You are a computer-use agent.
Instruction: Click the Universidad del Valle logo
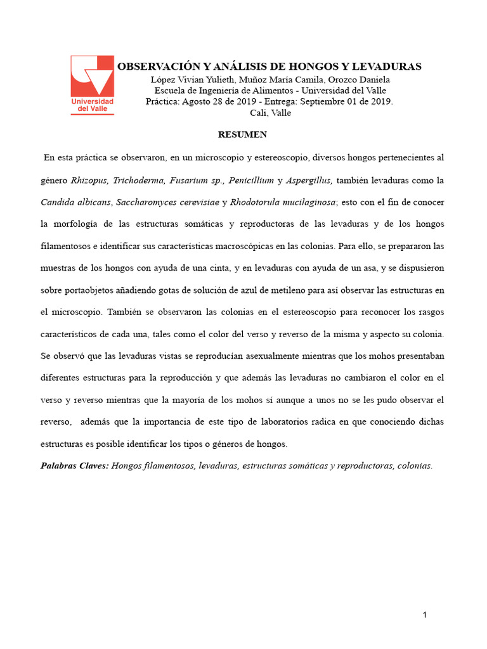[92, 84]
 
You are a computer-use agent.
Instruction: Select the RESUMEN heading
[243, 134]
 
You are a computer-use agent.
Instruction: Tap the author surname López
[164, 79]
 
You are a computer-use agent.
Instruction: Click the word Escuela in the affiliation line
[172, 91]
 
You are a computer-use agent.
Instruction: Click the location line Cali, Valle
[271, 113]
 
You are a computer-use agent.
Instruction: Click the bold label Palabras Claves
[74, 466]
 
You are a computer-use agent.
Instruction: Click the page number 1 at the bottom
[425, 615]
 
